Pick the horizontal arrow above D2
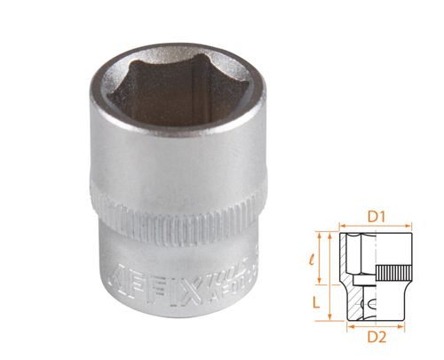point(378,324)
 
